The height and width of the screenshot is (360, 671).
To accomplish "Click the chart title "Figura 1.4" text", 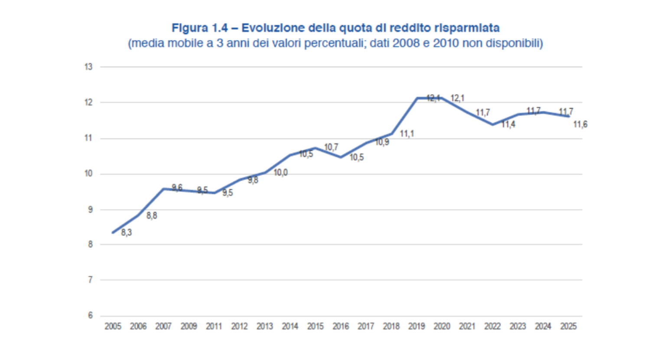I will pyautogui.click(x=199, y=28).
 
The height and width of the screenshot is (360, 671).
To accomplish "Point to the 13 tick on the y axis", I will pyautogui.click(x=88, y=67).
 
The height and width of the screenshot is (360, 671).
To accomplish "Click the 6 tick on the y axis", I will pyautogui.click(x=90, y=315).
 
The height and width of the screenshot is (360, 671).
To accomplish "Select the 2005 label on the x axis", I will pyautogui.click(x=113, y=326).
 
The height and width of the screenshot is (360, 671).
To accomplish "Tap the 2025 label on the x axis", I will pyautogui.click(x=568, y=326).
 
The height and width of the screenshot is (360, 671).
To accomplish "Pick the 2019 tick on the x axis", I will pyautogui.click(x=417, y=326).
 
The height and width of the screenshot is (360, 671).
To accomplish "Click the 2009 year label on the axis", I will pyautogui.click(x=189, y=326).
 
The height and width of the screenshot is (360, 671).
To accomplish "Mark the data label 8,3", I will pyautogui.click(x=126, y=232).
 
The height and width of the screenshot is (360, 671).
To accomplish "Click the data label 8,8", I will pyautogui.click(x=152, y=216).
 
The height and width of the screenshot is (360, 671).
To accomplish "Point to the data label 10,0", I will pyautogui.click(x=280, y=173).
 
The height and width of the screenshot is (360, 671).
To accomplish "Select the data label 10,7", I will pyautogui.click(x=331, y=147).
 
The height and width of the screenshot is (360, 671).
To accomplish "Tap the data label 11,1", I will pyautogui.click(x=407, y=134).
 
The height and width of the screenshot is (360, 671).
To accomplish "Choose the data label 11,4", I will pyautogui.click(x=508, y=125).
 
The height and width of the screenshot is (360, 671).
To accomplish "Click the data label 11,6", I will pyautogui.click(x=580, y=124).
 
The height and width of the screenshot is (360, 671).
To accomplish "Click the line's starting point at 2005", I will pyautogui.click(x=113, y=232).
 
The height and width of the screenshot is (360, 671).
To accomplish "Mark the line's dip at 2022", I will pyautogui.click(x=492, y=124).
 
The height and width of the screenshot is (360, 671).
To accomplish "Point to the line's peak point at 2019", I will pyautogui.click(x=417, y=98).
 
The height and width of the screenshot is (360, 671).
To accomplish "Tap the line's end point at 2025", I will pyautogui.click(x=568, y=116).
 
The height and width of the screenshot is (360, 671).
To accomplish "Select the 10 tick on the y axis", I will pyautogui.click(x=88, y=173).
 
